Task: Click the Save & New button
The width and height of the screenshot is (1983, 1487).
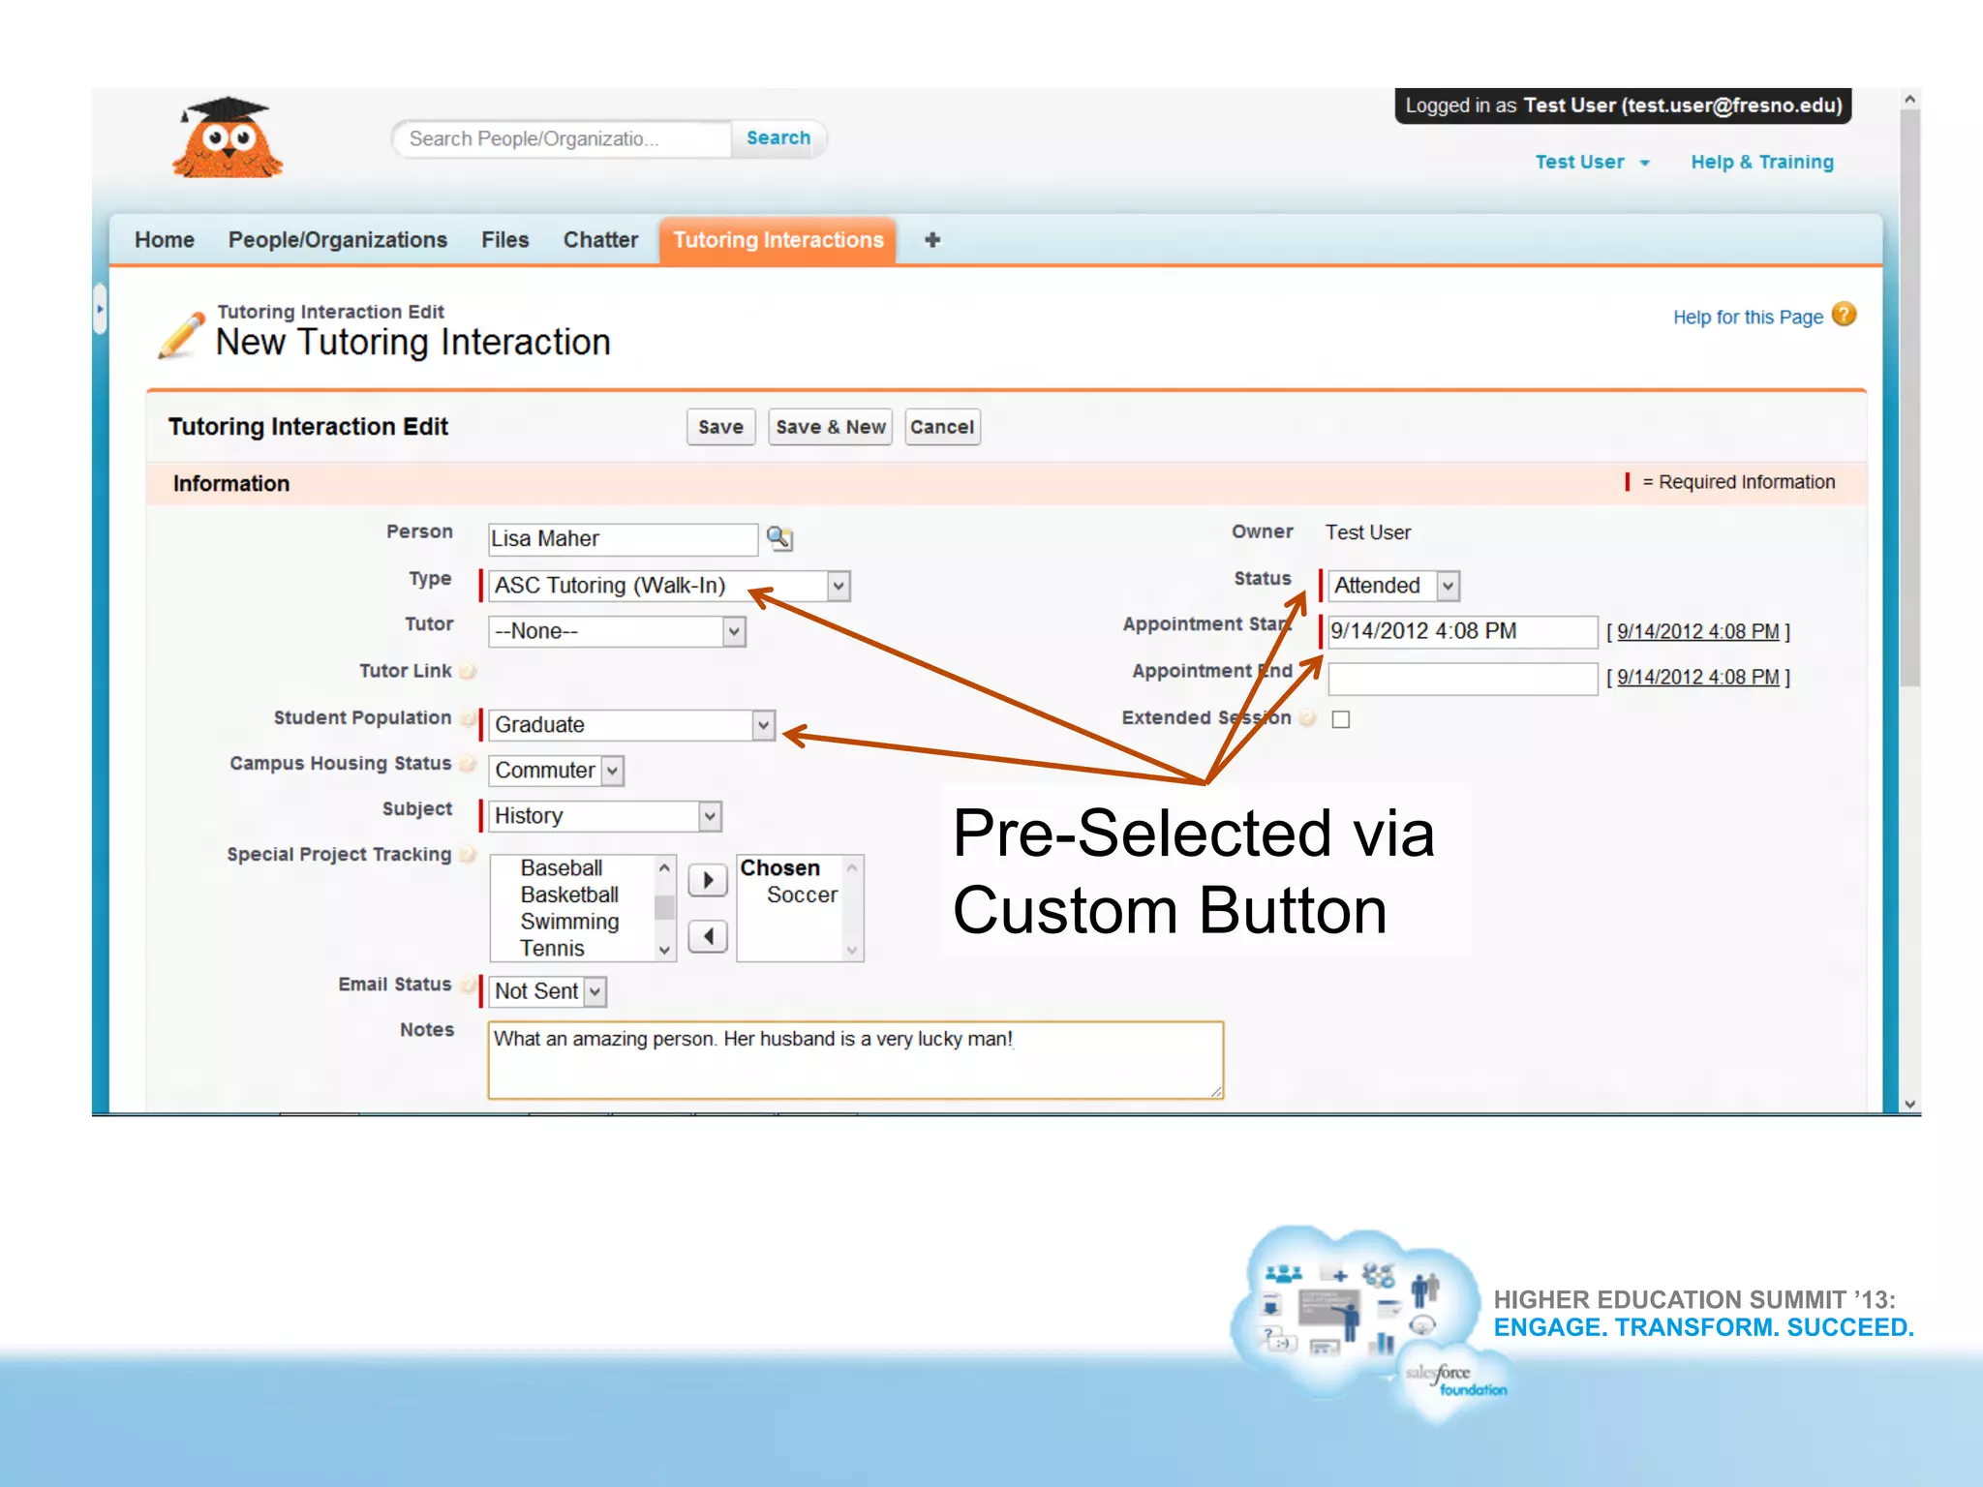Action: coord(830,427)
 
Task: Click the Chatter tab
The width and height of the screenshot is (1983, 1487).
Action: coord(600,240)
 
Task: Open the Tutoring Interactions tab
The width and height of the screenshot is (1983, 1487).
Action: coord(778,240)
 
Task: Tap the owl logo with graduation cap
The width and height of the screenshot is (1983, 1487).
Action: coord(228,139)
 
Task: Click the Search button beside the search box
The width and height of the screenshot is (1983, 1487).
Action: coord(778,138)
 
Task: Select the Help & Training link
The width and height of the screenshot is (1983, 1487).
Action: coord(1761,163)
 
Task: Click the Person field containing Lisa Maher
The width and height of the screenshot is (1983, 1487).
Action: coord(622,539)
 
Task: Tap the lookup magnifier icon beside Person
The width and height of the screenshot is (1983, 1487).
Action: coord(779,538)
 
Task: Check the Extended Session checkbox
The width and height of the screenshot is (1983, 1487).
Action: coord(1341,719)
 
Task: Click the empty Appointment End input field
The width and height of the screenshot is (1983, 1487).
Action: coord(1461,678)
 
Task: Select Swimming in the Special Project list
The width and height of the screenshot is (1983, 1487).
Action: coord(569,922)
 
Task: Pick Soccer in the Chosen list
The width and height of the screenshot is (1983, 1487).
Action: coord(802,895)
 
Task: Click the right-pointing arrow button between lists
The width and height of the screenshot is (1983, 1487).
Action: coord(708,880)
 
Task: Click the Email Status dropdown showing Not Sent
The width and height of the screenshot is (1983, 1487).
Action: coord(548,991)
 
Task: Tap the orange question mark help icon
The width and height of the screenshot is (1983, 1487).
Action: coord(1845,315)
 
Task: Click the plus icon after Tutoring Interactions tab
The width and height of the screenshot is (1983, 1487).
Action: coord(932,240)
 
